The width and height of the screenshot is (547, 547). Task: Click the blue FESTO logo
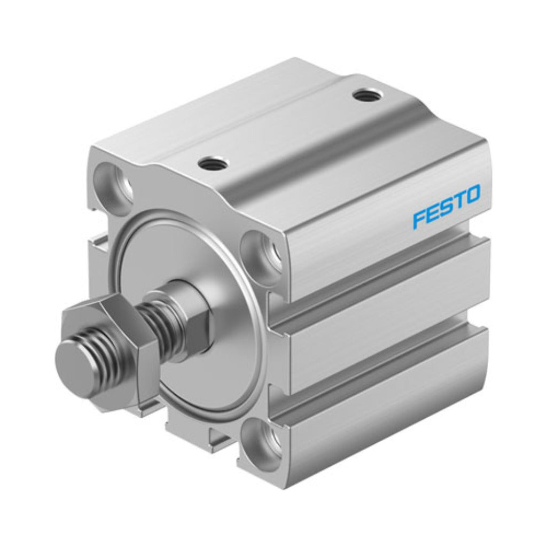tap(446, 207)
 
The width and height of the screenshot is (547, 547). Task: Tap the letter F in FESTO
tap(419, 219)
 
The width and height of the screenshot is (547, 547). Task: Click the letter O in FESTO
tap(472, 194)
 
